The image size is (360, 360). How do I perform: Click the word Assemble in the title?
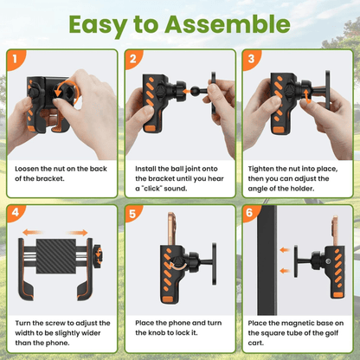pos(228,24)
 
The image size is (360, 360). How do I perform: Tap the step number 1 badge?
pos(16,59)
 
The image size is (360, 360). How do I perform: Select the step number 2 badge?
pos(133,59)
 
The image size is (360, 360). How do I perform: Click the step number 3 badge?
pos(251,59)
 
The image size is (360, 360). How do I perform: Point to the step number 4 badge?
pos(16,213)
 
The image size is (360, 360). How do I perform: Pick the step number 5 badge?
pos(132,214)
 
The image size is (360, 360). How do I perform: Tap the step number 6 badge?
pos(250,213)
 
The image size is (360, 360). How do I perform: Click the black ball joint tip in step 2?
pos(195,91)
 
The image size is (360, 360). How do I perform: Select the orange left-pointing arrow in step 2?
pos(187,91)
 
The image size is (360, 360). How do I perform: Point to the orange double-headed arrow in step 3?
pos(308,96)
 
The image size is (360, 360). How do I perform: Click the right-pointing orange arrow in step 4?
pos(77,233)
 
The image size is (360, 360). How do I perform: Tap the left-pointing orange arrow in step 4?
pos(33,232)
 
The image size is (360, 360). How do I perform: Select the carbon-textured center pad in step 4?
pos(56,256)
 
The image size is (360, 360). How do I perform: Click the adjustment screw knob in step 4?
pos(98,254)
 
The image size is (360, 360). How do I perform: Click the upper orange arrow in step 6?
pos(285,250)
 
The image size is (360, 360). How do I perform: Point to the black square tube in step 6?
pos(267,260)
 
